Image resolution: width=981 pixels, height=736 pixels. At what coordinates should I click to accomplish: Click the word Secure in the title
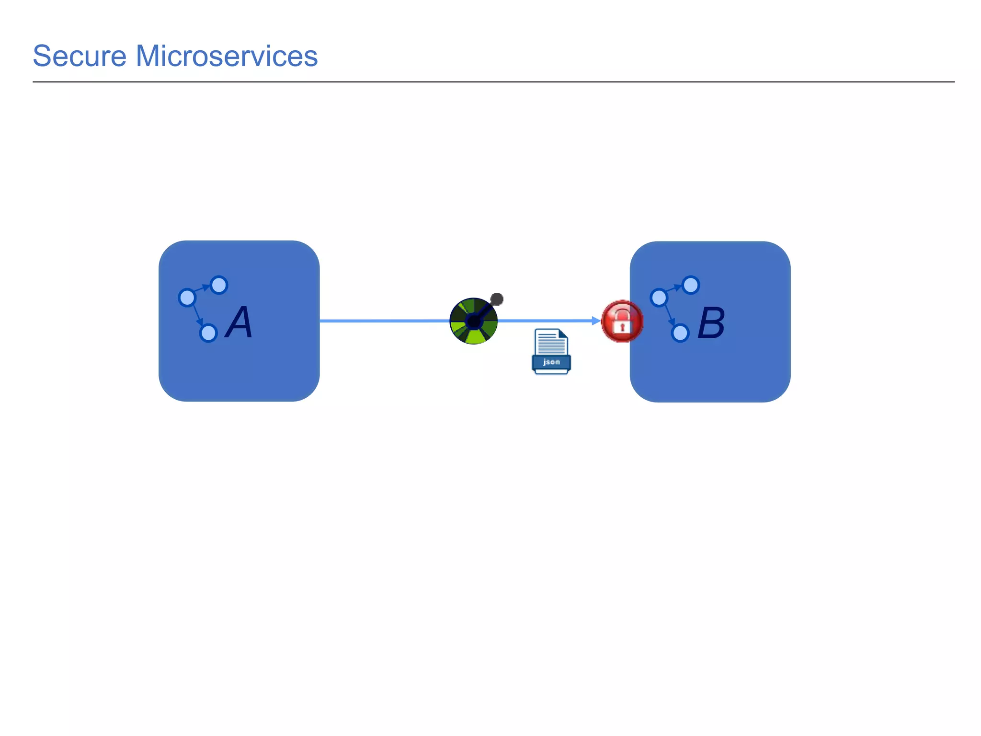point(80,56)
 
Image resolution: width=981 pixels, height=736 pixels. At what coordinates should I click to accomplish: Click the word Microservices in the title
point(227,56)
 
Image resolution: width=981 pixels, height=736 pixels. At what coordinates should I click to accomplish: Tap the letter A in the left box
point(239,322)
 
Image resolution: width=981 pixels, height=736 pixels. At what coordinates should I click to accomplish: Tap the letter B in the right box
point(711,323)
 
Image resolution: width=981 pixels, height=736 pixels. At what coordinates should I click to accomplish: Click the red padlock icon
point(621,321)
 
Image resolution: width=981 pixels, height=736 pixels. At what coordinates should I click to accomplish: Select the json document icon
point(551,351)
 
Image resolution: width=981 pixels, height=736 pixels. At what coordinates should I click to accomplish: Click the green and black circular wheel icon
point(473,321)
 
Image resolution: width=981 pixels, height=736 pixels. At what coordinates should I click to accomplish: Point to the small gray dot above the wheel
point(497,299)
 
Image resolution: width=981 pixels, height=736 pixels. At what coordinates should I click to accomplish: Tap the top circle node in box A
point(219,285)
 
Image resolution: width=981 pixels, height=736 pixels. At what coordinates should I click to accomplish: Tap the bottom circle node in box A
point(208,333)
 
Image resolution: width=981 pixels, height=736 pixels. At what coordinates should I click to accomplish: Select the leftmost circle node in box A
point(187,298)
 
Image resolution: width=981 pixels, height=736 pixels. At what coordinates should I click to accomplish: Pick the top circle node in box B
point(691,285)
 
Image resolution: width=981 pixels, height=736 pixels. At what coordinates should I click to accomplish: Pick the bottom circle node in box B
point(680,333)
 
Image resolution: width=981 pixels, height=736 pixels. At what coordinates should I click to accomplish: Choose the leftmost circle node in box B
point(659,298)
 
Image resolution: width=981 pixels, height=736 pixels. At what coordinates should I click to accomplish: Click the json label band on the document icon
point(551,362)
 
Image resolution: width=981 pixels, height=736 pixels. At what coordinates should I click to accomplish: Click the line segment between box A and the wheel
point(383,321)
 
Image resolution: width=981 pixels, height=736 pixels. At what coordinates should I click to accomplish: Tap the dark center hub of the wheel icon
point(473,322)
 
